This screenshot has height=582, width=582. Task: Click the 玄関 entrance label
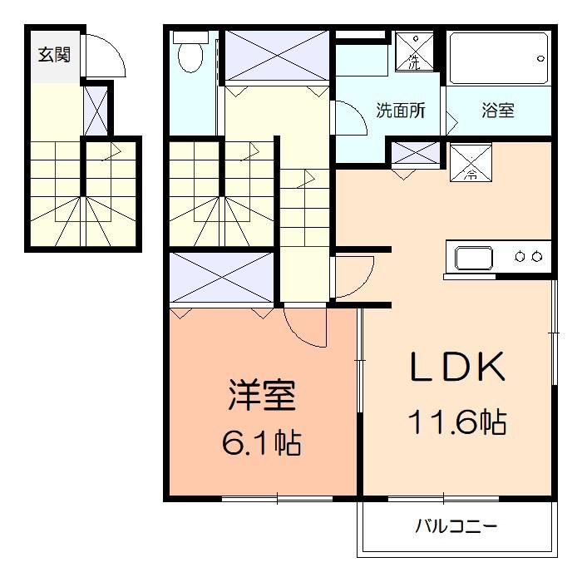pyautogui.click(x=52, y=57)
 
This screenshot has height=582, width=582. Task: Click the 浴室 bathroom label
pyautogui.click(x=498, y=111)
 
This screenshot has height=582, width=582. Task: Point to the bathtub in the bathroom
pyautogui.click(x=499, y=58)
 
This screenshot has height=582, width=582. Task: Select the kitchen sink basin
pyautogui.click(x=473, y=258)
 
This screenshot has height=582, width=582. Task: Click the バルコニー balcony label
pyautogui.click(x=456, y=526)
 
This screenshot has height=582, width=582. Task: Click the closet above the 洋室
pyautogui.click(x=222, y=278)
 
